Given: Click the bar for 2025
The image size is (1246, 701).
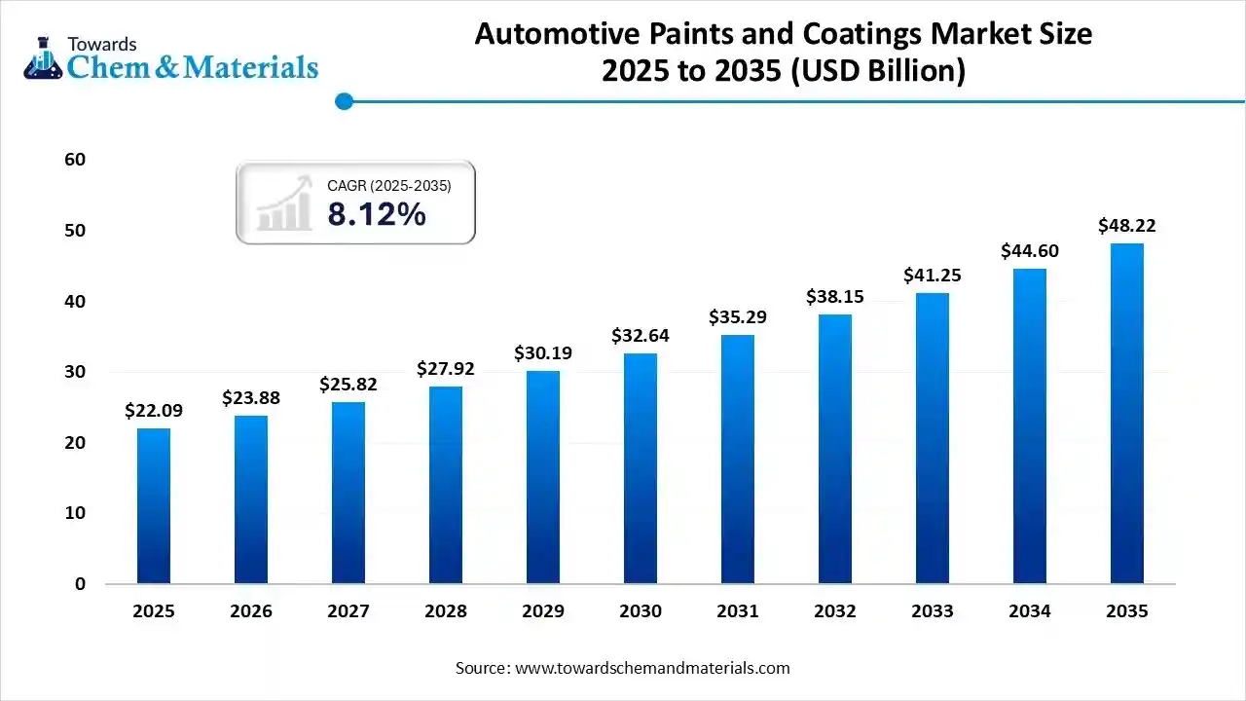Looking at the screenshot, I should tap(154, 506).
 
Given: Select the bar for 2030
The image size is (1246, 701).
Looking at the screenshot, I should tap(641, 468).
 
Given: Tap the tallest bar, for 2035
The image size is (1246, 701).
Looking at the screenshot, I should tap(1127, 414).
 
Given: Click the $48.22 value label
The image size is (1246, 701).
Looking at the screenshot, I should tap(1127, 226).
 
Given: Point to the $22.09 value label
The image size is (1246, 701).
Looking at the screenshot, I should tap(154, 411).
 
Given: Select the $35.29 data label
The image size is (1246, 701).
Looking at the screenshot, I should tap(738, 316).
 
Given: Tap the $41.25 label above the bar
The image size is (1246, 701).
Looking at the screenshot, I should tap(933, 276).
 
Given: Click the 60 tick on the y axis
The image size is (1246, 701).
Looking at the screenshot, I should tap(75, 160).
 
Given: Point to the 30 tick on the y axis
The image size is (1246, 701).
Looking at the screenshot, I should tap(75, 372).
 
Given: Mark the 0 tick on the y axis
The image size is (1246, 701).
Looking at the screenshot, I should tap(80, 584).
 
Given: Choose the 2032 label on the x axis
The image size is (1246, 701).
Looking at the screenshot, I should tap(835, 611).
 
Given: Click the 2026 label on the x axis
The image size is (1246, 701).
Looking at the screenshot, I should tap(251, 611).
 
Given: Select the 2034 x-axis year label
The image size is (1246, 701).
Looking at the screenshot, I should tap(1030, 611).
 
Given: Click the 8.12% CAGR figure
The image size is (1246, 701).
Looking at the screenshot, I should tap(377, 214).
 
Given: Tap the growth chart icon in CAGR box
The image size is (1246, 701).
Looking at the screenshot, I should tap(283, 203).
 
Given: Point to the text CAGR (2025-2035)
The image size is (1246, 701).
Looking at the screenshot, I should tap(388, 185).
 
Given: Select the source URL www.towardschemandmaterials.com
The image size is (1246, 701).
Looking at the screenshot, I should tap(652, 668).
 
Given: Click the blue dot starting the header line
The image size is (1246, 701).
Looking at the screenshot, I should tap(343, 100).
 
